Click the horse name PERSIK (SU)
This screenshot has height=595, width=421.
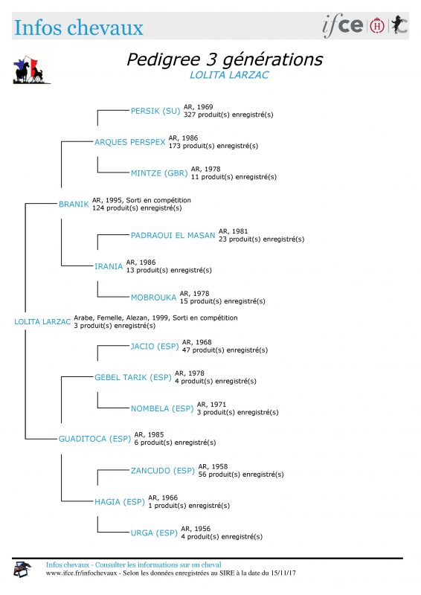point(155,111)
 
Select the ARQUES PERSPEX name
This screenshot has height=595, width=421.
point(130,142)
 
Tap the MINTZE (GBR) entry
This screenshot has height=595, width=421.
point(159,173)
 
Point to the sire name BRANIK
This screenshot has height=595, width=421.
point(74,204)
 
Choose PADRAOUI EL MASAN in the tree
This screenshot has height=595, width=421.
point(173,235)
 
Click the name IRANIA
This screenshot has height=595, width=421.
point(109,266)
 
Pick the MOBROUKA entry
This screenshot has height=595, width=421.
point(153,297)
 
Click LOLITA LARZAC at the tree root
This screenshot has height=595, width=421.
point(42,322)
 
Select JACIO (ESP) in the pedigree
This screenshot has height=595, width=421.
point(155,346)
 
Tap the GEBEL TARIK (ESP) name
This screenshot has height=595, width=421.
point(133,377)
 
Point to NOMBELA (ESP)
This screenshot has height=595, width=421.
point(162,408)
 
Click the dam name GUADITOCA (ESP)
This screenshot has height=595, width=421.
point(94,439)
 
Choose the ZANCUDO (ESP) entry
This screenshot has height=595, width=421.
point(162,471)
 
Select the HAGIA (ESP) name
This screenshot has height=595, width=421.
point(120,501)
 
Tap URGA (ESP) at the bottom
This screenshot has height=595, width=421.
point(154,533)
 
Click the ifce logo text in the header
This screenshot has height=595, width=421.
point(343,25)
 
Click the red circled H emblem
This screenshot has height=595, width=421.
point(377,25)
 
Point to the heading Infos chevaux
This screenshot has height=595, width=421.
point(79,28)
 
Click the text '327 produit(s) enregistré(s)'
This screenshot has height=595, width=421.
point(228,115)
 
